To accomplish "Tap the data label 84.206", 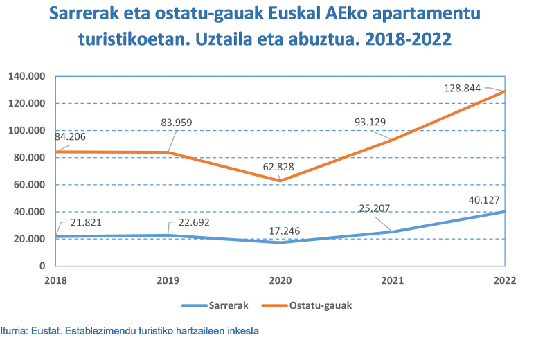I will (x=72, y=136).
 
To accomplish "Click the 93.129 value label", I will (x=369, y=122).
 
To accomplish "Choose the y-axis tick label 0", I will (x=43, y=266).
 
